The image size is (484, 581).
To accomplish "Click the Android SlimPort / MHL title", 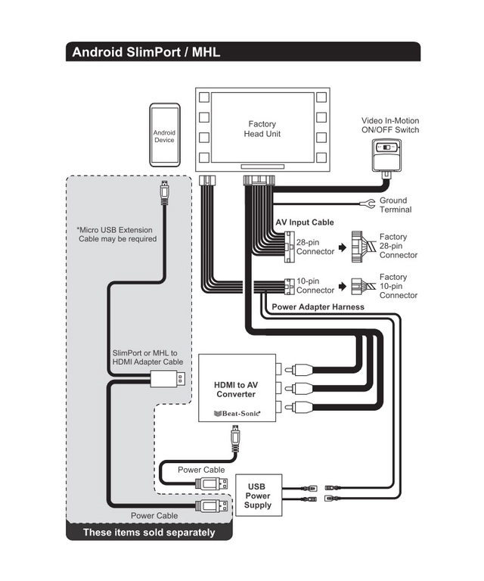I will coord(144,52).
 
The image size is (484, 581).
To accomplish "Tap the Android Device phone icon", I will coord(164,135).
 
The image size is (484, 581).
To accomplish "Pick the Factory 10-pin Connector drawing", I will coord(364,287).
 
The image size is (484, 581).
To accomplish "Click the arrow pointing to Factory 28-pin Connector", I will coord(343,247).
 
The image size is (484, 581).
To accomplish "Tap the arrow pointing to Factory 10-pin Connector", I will coord(343,287).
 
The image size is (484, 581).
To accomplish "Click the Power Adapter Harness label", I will coord(318,307).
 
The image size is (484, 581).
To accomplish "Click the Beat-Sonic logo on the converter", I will coord(237,413).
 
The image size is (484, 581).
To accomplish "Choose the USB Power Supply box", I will coord(258,496).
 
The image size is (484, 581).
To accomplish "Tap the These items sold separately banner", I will coord(148,533).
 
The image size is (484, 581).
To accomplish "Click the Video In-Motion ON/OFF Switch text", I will coord(389,125).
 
